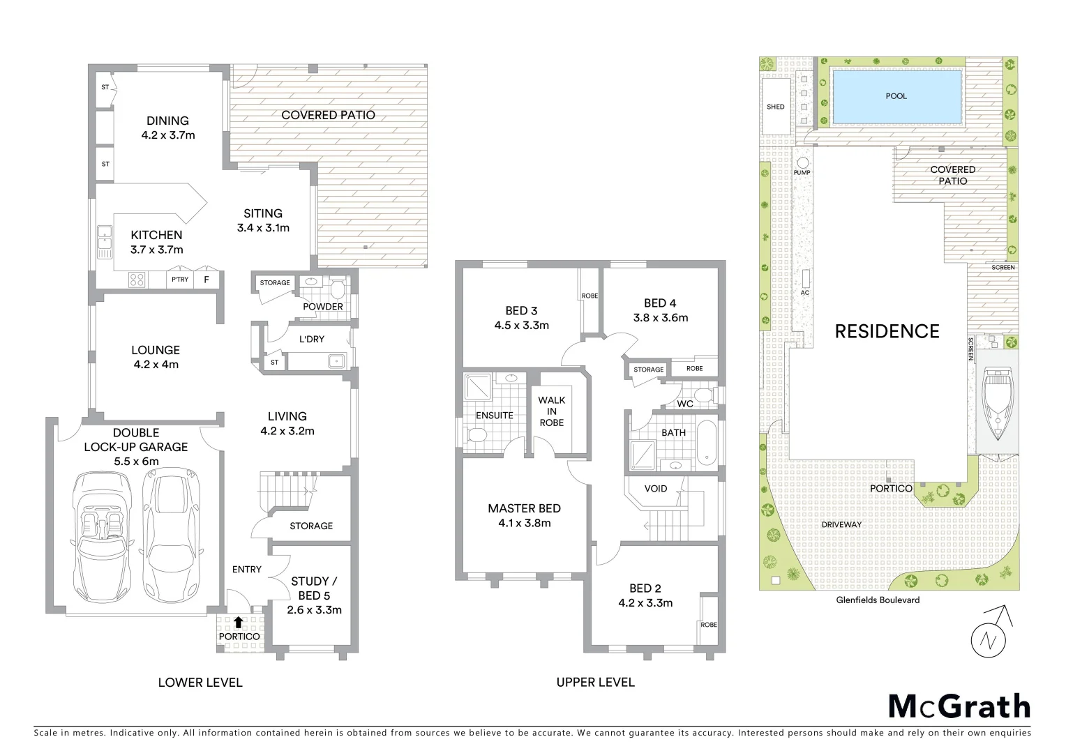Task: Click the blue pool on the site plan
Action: coord(896,96)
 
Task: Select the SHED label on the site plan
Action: coord(775,107)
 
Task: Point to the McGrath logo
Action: coord(959,706)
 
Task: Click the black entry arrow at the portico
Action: coord(239,622)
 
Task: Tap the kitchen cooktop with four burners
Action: coord(137,280)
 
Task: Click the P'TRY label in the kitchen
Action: coord(180,280)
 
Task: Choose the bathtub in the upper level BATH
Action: coord(706,442)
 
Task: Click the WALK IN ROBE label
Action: coord(551,411)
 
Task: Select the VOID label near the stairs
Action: coord(655,488)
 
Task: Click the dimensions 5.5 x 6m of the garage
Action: coord(136,461)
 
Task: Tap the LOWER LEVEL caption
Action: coord(200,682)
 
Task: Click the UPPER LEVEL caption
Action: coord(595,682)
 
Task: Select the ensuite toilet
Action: coord(477,435)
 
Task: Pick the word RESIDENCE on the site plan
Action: coord(887,331)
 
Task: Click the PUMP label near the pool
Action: coord(802,172)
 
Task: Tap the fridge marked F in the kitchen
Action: coord(206,280)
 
